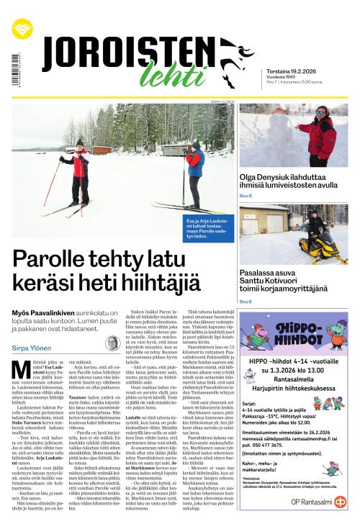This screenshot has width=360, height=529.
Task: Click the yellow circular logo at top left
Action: pos(22,29)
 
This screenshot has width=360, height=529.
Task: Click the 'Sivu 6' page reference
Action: pos(246,301)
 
